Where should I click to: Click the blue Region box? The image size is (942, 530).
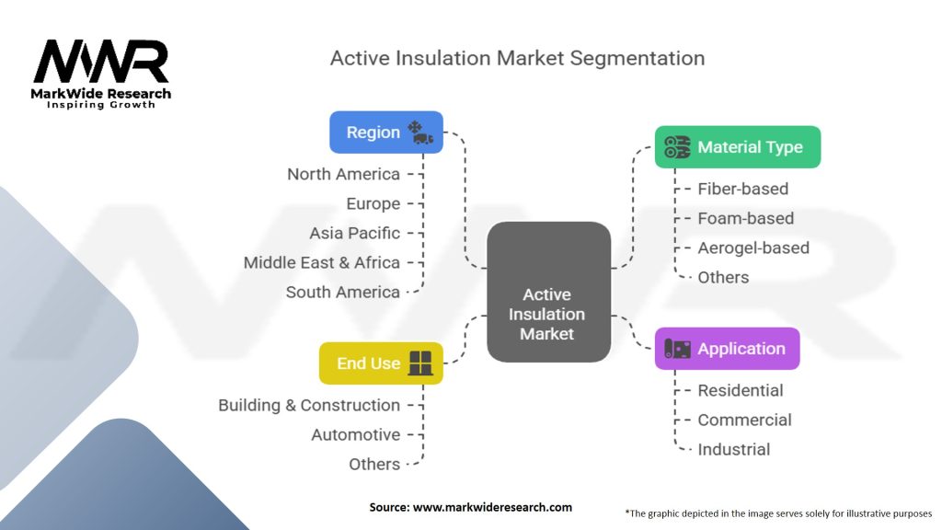386,132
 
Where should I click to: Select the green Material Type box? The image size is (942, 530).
738,146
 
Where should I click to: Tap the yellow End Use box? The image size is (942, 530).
381,363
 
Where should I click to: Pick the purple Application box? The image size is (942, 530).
727,349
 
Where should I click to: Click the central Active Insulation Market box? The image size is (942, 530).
548,292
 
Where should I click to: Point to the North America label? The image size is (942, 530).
343,174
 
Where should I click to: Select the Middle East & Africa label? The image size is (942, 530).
321,262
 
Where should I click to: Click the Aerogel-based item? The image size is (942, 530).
753,248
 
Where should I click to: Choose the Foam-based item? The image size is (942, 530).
745,218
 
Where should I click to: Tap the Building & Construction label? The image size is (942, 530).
309,405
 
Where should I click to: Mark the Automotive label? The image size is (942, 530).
356,434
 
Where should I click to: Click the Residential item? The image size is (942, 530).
741,390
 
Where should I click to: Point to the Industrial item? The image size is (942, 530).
733,449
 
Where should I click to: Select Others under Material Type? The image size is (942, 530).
723,278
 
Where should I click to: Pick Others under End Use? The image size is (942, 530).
374,465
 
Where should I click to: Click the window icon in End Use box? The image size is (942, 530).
419,363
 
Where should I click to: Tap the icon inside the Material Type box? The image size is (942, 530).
677,146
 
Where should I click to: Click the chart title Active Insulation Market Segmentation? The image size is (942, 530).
517,58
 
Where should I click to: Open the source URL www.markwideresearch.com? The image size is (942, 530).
492,507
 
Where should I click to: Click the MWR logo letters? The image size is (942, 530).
101,62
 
